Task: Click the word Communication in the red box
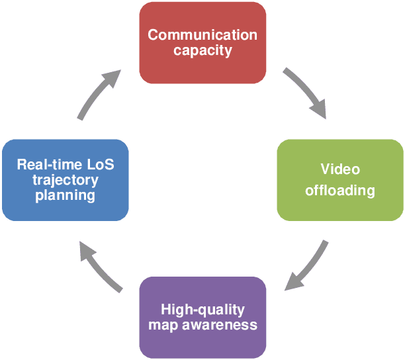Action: click(x=202, y=35)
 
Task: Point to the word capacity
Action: click(x=202, y=50)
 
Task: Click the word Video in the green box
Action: click(x=340, y=169)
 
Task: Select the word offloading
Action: click(x=340, y=191)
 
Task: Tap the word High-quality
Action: click(x=202, y=310)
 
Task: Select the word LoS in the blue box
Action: click(x=99, y=164)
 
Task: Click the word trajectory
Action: click(x=65, y=180)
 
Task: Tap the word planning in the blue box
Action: click(x=65, y=195)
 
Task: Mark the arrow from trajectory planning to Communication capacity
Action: click(x=98, y=94)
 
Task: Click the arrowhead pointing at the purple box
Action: click(x=291, y=284)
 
